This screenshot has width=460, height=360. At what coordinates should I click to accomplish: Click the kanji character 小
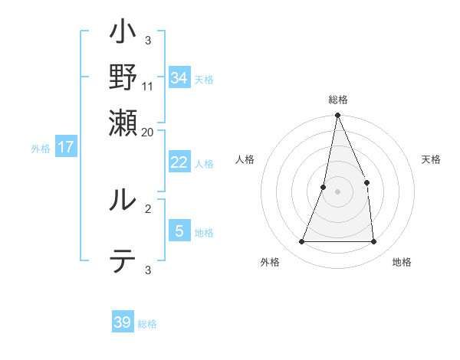[123, 35]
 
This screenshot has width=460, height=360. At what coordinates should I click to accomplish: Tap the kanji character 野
[123, 78]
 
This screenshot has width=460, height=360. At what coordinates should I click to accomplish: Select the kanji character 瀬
[123, 123]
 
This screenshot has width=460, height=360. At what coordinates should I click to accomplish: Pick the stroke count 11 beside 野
[148, 87]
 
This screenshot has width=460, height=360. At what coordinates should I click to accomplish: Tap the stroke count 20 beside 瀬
[148, 132]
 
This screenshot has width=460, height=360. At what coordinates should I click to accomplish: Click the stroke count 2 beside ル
[148, 208]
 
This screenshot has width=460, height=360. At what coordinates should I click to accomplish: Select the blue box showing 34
[179, 77]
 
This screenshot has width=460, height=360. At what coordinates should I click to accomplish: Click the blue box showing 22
[179, 162]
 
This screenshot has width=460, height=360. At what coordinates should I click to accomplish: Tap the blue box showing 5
[179, 230]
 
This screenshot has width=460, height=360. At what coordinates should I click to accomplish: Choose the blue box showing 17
[66, 147]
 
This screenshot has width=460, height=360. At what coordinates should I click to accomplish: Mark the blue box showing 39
[123, 322]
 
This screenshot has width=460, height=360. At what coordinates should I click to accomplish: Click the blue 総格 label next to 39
[147, 324]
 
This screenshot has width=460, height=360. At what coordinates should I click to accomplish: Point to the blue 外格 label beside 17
[41, 149]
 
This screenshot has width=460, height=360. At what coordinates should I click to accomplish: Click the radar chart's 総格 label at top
[337, 100]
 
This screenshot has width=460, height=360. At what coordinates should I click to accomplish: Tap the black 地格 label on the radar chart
[402, 263]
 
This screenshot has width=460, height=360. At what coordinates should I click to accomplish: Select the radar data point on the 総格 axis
[337, 116]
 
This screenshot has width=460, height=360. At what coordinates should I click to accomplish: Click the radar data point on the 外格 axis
[301, 242]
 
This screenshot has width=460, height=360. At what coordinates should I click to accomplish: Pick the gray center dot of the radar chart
[337, 191]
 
